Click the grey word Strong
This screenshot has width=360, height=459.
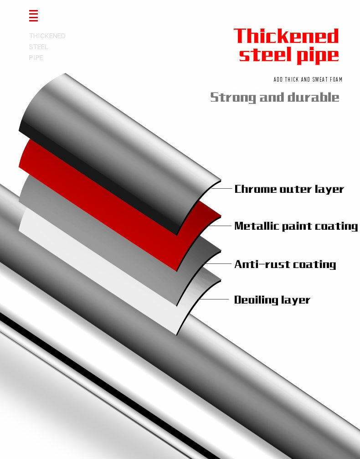coord(233,97)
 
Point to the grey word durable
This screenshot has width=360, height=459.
coord(314,97)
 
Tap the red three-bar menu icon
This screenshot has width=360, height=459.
coord(33,16)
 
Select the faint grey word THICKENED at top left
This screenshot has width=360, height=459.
coord(47,36)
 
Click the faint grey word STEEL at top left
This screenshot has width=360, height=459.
coord(38,47)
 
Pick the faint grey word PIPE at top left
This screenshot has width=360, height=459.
coord(36,58)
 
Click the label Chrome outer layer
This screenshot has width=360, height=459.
coord(289,189)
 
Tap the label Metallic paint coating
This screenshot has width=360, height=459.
coord(296,226)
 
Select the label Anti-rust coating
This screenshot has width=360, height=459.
coord(285,264)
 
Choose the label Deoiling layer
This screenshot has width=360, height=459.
coord(272,300)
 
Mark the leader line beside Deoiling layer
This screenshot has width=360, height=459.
coord(214,299)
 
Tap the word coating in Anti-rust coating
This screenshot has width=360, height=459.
coord(314,264)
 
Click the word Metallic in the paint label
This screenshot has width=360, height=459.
coord(255,226)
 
